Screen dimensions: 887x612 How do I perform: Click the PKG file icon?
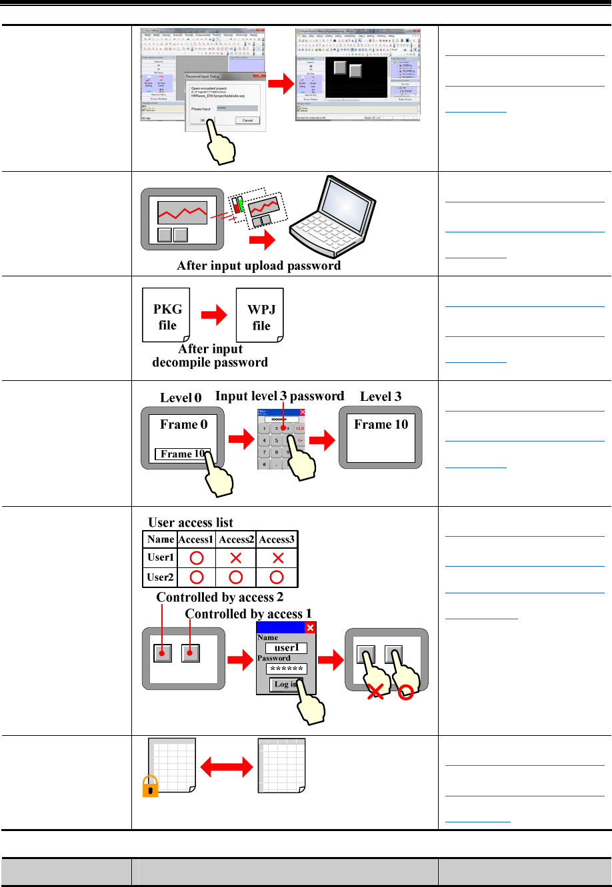point(167,316)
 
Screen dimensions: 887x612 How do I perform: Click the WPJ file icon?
point(260,316)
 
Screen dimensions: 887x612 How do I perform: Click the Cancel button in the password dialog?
point(247,121)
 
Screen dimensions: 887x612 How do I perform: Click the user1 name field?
point(287,648)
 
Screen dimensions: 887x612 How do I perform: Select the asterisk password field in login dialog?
point(287,669)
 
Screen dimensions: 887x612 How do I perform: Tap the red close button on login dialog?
point(310,627)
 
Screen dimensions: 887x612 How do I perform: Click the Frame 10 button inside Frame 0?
point(182,454)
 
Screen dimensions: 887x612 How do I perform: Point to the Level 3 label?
point(381,396)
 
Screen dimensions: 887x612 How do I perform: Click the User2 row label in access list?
point(160,577)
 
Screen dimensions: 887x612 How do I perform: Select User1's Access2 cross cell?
point(235,557)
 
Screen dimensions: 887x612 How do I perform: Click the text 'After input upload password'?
point(259,266)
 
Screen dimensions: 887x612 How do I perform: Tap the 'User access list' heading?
point(191,522)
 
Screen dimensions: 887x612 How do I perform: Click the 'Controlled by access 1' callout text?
point(248,613)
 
